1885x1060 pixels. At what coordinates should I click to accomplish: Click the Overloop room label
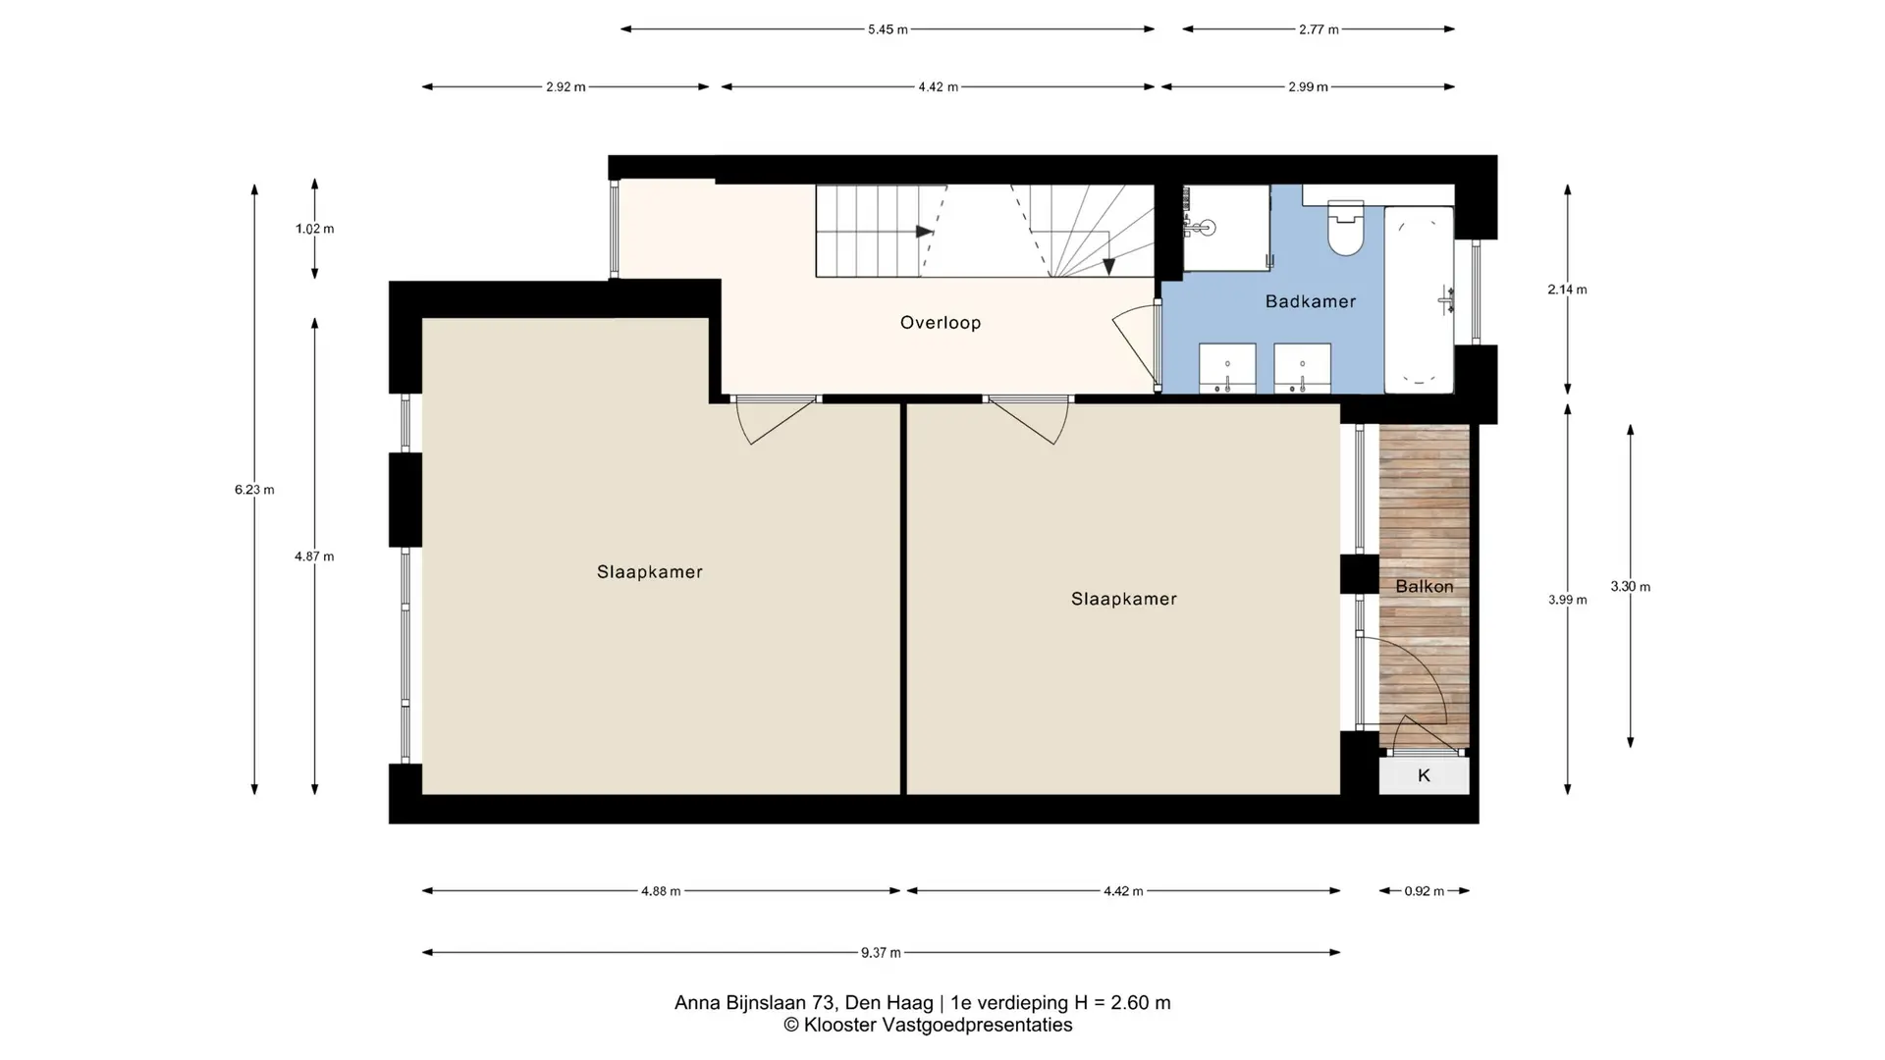coord(941,322)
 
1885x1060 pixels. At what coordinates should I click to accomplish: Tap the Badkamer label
coord(1311,301)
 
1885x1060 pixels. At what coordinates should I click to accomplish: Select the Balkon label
coord(1425,586)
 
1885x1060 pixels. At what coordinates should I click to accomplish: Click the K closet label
coord(1424,775)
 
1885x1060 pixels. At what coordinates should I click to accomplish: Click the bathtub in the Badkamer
coord(1419,299)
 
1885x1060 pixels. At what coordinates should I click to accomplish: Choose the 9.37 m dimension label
coord(881,952)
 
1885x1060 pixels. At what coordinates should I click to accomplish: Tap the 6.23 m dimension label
coord(254,490)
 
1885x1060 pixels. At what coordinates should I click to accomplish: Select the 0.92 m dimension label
coord(1424,891)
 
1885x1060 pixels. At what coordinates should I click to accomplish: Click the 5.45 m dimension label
coord(888,29)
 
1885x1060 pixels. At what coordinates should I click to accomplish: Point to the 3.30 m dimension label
coord(1630,587)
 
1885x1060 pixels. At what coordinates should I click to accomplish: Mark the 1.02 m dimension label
coord(314,229)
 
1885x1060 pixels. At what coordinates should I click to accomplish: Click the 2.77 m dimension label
coord(1319,29)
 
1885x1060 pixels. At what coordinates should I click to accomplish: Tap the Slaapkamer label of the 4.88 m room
coord(650,572)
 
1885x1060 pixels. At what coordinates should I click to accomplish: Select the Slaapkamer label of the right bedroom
coord(1124,599)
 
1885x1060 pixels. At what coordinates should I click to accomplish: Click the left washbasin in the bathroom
coord(1227,368)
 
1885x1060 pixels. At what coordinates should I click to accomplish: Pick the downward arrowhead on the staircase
coord(1108,266)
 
